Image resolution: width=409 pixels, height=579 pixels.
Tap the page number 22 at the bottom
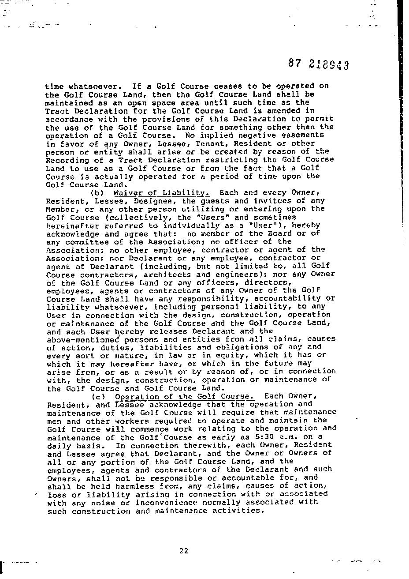184,550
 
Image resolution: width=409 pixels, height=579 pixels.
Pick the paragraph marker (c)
97,396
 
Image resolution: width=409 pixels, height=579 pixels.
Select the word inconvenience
166,503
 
